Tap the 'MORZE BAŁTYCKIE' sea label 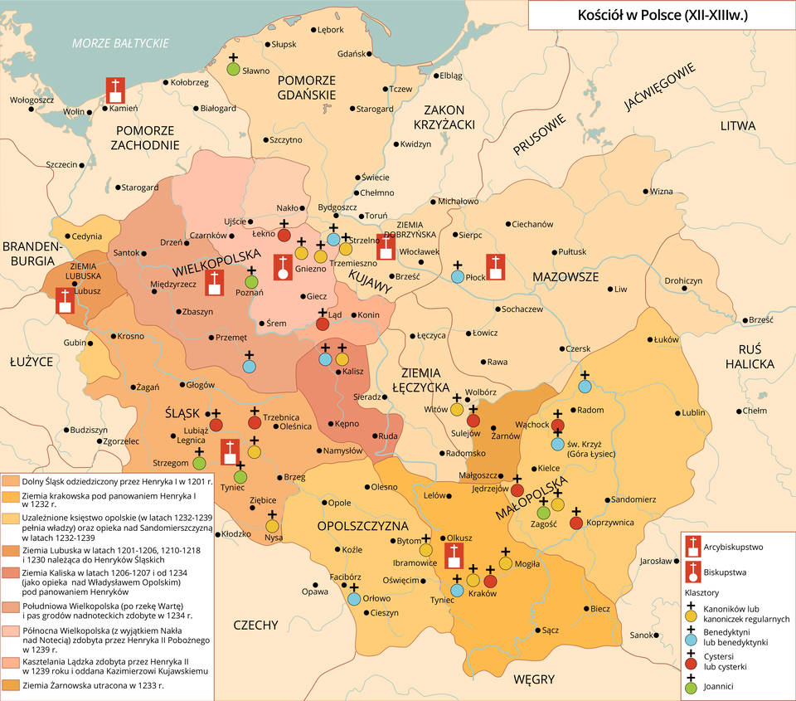click(x=120, y=43)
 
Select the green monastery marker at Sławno click(x=234, y=69)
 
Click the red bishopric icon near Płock click(x=495, y=267)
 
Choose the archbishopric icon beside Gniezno click(x=284, y=267)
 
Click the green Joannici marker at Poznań click(x=252, y=282)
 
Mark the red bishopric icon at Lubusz click(x=65, y=300)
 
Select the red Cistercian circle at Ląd click(x=323, y=324)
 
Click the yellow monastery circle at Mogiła click(x=505, y=564)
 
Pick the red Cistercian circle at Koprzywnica click(x=576, y=523)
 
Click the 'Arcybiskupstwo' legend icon click(x=691, y=547)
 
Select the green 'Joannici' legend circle click(x=690, y=687)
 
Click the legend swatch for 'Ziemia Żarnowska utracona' click(x=10, y=685)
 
